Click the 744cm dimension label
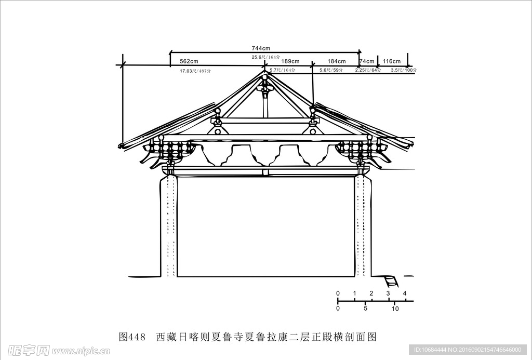(262, 48)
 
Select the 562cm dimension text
(190, 61)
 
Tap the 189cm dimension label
(290, 61)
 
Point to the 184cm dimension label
(336, 61)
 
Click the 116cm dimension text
(392, 61)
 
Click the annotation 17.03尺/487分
(195, 70)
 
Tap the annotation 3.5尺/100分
(404, 70)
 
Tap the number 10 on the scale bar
(395, 309)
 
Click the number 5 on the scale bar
(366, 309)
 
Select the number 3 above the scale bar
(388, 294)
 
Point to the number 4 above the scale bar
(405, 294)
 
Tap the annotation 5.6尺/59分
(331, 70)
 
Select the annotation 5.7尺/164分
(282, 70)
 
